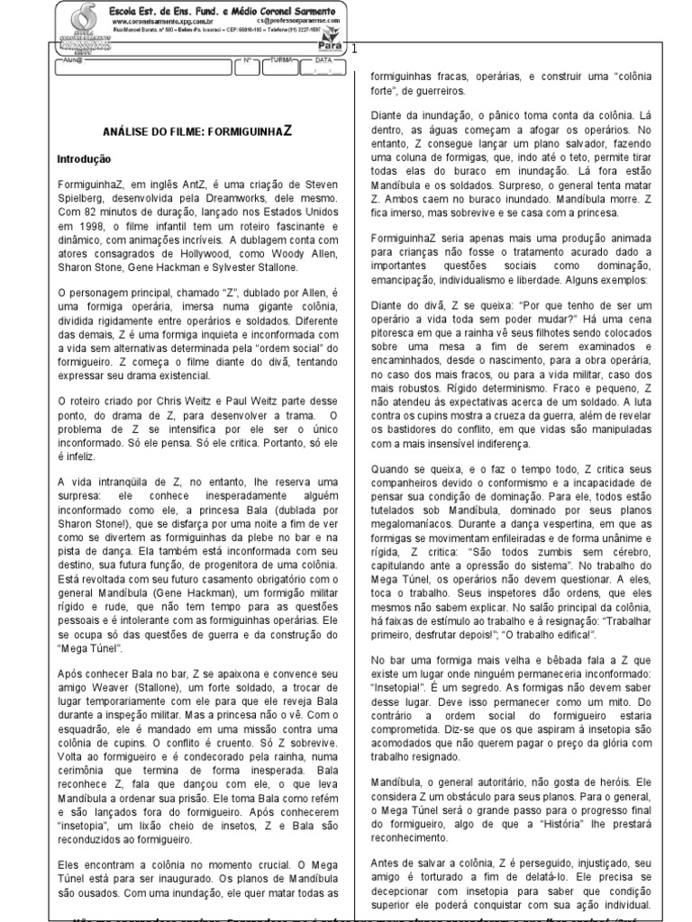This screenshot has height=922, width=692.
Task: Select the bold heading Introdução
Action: pos(83,158)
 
